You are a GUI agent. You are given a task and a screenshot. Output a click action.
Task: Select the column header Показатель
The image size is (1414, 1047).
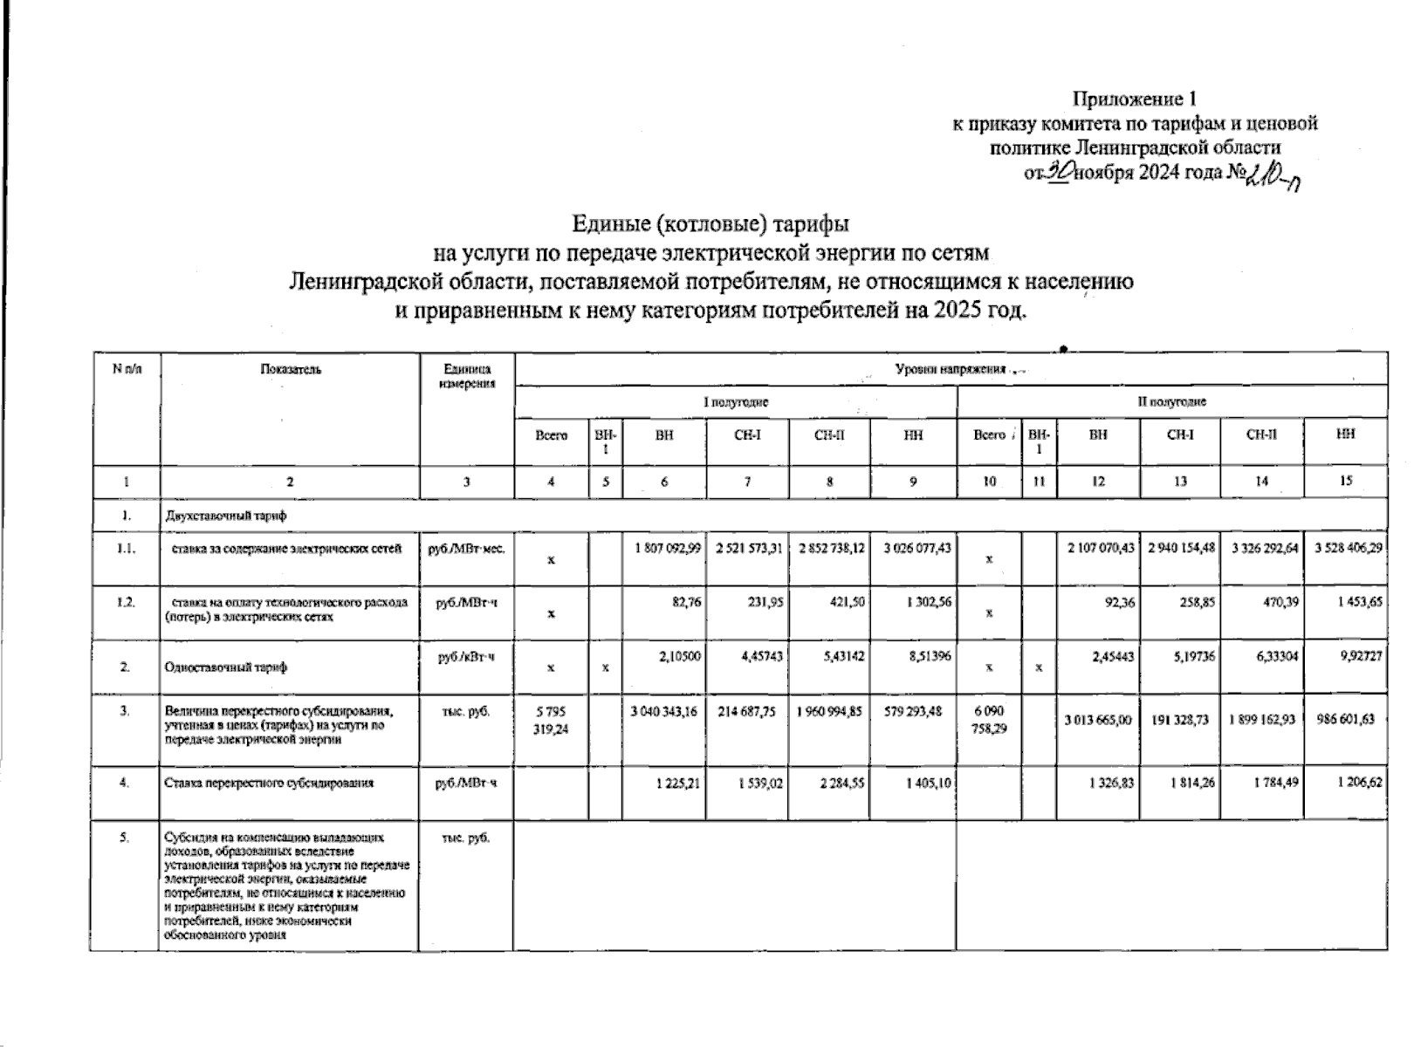click(291, 369)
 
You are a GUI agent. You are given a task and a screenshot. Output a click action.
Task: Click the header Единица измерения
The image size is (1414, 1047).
click(467, 376)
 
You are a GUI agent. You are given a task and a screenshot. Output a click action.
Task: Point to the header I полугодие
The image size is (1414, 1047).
click(736, 402)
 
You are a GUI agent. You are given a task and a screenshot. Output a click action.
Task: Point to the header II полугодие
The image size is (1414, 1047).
click(1171, 402)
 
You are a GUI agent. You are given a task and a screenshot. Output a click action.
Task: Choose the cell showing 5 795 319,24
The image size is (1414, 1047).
click(551, 720)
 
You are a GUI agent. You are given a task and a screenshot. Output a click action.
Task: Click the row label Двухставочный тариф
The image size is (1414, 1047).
click(225, 515)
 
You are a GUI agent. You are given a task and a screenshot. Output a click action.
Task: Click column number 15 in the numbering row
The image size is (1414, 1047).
click(1345, 481)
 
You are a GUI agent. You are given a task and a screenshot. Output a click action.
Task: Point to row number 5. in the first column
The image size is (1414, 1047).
click(126, 838)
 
